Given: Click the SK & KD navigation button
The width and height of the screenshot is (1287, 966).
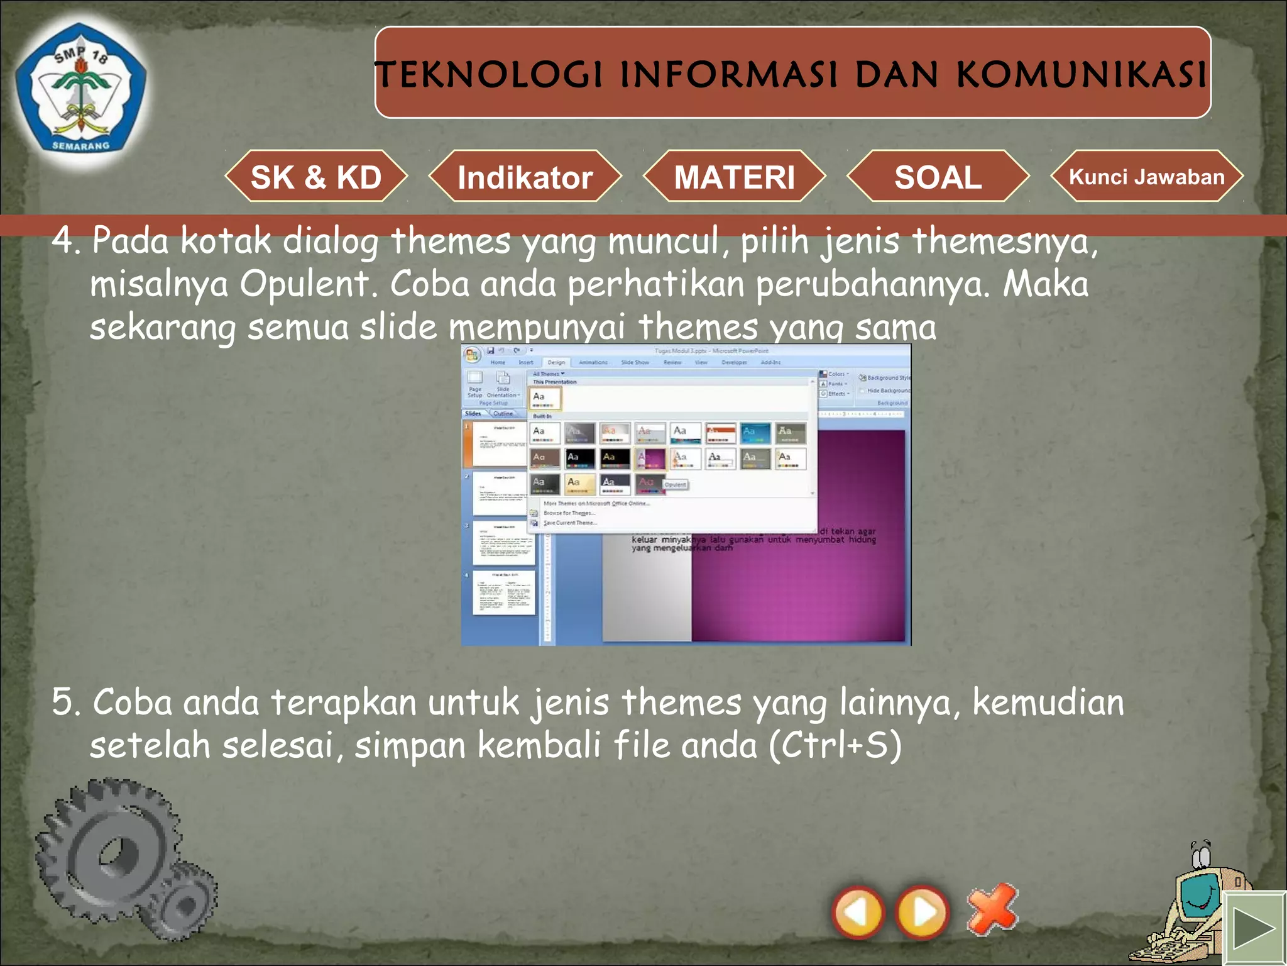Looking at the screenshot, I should click(x=316, y=177).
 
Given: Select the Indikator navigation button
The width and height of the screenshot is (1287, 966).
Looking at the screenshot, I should click(x=525, y=177).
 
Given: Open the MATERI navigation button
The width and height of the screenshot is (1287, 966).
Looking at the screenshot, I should click(x=734, y=177).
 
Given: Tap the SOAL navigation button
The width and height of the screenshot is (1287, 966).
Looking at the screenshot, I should click(x=938, y=177).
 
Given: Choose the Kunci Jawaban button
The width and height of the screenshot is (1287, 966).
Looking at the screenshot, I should click(x=1146, y=177).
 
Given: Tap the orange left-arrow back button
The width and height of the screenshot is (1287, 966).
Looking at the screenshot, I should click(x=858, y=912).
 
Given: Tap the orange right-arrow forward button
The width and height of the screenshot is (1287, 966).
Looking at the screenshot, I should click(x=922, y=912).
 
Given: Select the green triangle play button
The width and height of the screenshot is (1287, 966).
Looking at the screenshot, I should click(x=1254, y=929).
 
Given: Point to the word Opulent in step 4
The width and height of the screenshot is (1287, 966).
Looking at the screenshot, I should click(x=308, y=284).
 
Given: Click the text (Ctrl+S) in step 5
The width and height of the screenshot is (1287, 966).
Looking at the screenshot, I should click(x=835, y=745).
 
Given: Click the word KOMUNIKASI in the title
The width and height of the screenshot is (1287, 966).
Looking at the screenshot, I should click(x=1081, y=75).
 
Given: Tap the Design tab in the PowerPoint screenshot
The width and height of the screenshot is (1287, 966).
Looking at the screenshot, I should click(x=556, y=362).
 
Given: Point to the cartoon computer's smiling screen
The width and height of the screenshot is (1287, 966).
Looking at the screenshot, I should click(x=1199, y=899).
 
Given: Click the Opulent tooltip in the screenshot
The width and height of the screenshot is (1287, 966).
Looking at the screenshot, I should click(x=676, y=484).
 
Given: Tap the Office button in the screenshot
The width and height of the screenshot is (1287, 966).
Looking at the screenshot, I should click(x=472, y=355).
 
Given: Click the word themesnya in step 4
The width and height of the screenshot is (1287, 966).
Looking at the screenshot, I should click(x=1004, y=241).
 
